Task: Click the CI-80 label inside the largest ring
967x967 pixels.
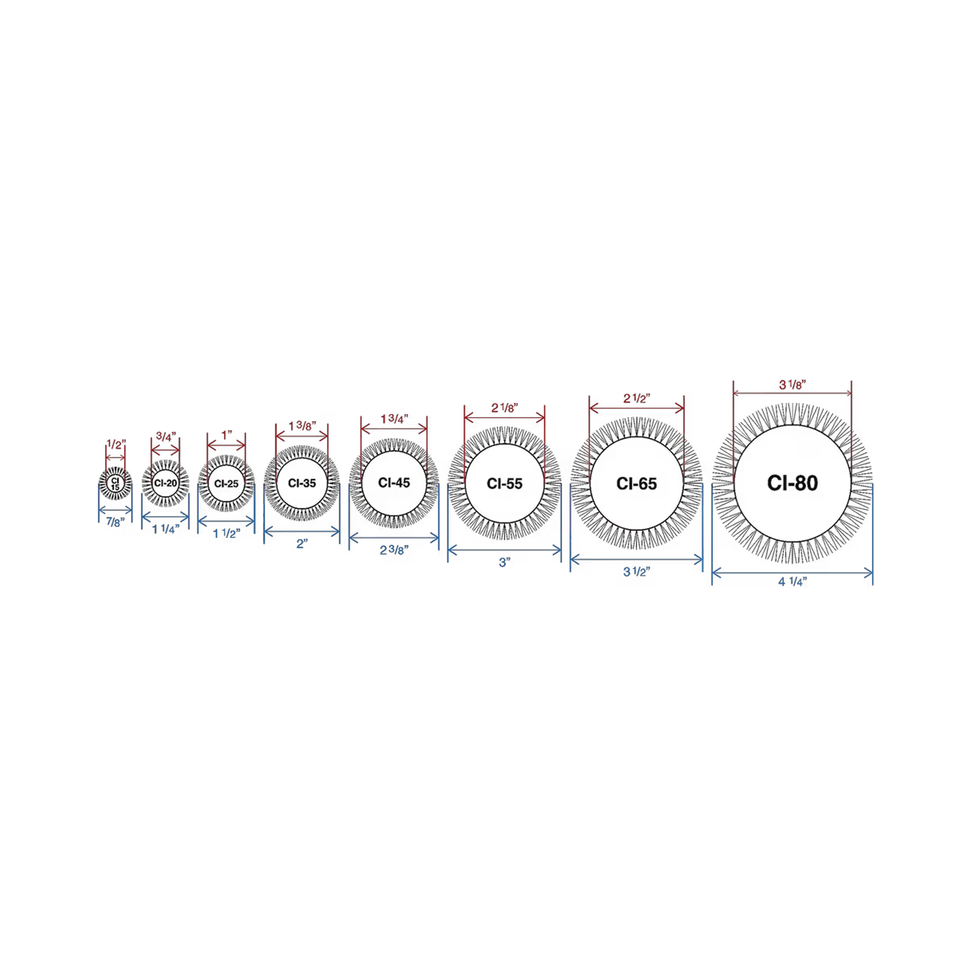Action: pyautogui.click(x=792, y=483)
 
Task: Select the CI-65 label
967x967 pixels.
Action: pyautogui.click(x=636, y=483)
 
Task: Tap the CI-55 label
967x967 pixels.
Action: pyautogui.click(x=504, y=483)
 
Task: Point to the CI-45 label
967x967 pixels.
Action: pyautogui.click(x=394, y=483)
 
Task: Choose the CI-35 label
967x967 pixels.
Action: pyautogui.click(x=302, y=483)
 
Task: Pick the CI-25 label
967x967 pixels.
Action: pyautogui.click(x=226, y=483)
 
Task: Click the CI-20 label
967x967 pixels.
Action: pyautogui.click(x=166, y=483)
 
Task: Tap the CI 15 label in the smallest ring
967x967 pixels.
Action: pyautogui.click(x=115, y=483)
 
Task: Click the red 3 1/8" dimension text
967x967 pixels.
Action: pyautogui.click(x=792, y=385)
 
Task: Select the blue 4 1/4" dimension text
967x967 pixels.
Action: pyautogui.click(x=792, y=582)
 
